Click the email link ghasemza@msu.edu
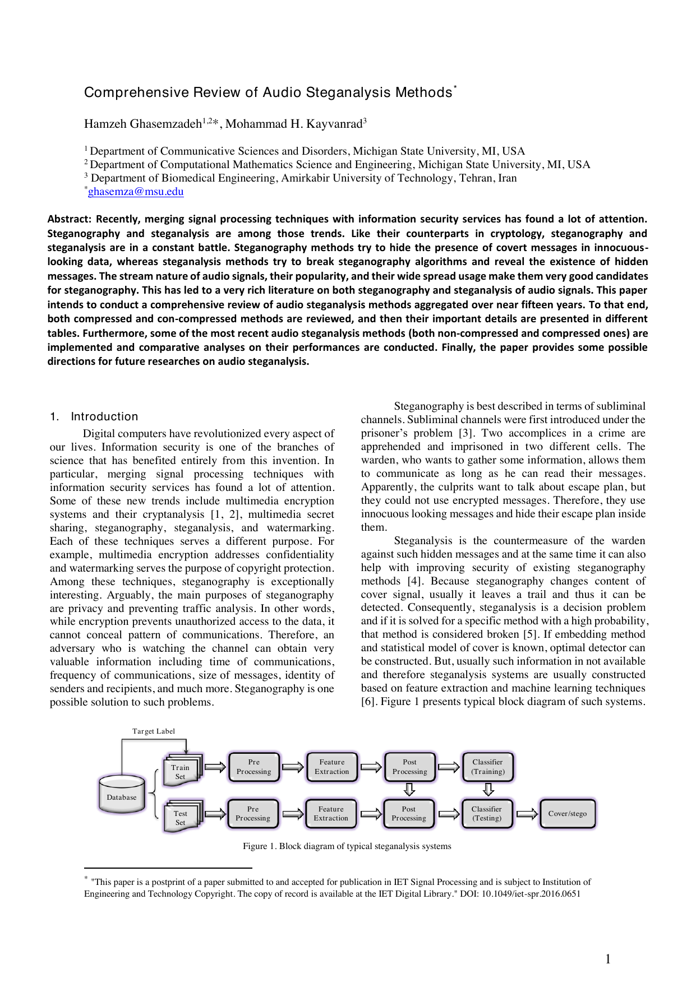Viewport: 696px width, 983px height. [x=136, y=192]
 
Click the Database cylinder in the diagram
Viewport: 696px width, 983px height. [x=122, y=794]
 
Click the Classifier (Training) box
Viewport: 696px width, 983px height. [x=487, y=767]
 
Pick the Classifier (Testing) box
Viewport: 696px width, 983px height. [x=486, y=814]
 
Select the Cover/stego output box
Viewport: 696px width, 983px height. [x=567, y=814]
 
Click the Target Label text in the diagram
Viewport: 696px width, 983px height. [x=154, y=731]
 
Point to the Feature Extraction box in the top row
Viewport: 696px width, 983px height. [x=331, y=767]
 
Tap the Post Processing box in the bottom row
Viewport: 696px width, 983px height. [x=409, y=814]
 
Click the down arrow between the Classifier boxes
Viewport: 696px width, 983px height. [x=488, y=790]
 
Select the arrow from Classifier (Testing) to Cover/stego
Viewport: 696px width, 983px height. [x=526, y=814]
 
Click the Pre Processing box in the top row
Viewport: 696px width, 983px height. [x=253, y=767]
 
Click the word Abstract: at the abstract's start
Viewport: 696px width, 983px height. [x=69, y=219]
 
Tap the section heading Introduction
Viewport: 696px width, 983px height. [x=104, y=416]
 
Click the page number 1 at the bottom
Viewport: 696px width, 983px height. [x=608, y=959]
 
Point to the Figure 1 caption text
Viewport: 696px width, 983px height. [x=347, y=846]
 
